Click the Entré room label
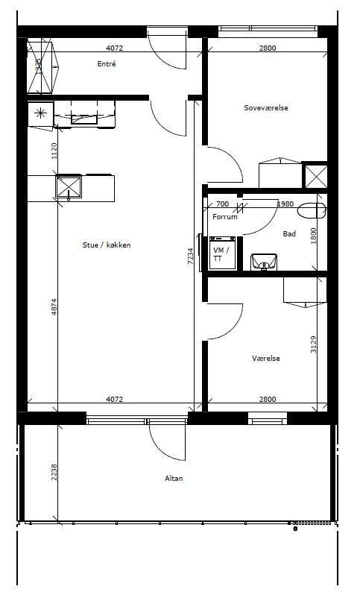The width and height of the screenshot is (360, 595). coord(107,64)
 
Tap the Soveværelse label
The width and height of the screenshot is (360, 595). coord(266,108)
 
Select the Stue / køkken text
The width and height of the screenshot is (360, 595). coord(107,245)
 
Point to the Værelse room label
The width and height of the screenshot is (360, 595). coord(266,358)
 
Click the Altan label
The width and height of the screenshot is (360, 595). coord(174,479)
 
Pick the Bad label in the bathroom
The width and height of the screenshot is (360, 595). coord(289,234)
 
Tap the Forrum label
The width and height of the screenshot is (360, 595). coord(225,217)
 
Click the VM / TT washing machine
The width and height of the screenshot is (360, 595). coord(223,253)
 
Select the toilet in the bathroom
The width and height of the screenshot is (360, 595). coord(312,211)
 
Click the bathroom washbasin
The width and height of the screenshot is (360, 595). coord(264,262)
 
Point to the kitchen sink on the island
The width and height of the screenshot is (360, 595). coord(69,187)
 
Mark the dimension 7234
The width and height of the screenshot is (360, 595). coord(191,256)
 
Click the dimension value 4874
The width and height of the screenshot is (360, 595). coord(54,308)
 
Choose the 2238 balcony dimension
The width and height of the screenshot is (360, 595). coord(54,473)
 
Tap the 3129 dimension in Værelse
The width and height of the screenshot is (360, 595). coord(313,344)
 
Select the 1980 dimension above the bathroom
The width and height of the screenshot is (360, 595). coord(285,204)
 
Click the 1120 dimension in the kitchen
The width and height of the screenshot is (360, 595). coord(54,151)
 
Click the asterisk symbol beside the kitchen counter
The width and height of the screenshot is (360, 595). coord(40,113)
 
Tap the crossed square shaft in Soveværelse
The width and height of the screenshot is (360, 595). coord(315,176)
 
